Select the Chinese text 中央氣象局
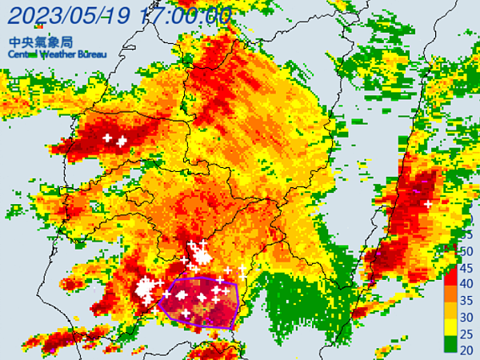coord(34,41)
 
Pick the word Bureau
coord(99,54)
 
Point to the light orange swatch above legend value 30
coord(450,308)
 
